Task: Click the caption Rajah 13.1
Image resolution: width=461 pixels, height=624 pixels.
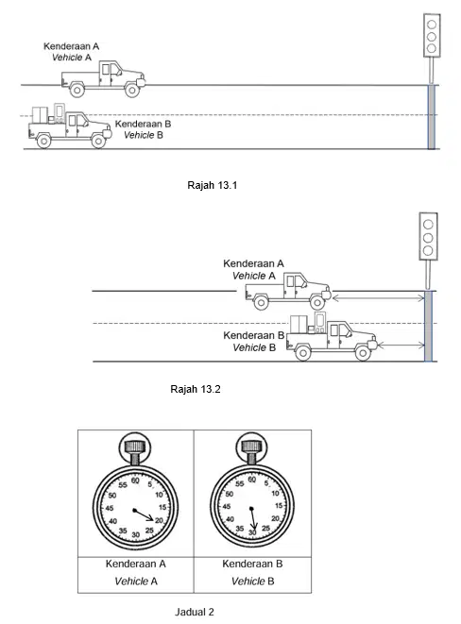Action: (x=213, y=185)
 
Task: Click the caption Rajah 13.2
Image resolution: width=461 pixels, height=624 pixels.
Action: (x=195, y=389)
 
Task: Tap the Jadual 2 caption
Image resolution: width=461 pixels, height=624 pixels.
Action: (x=195, y=612)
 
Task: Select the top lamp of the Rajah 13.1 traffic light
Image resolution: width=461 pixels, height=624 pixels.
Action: (x=432, y=25)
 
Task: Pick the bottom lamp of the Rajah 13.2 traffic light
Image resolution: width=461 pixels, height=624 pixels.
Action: (x=428, y=250)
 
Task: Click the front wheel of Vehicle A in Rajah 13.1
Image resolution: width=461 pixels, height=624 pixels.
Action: (x=131, y=90)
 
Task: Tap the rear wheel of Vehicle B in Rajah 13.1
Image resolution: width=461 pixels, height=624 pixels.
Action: (x=43, y=141)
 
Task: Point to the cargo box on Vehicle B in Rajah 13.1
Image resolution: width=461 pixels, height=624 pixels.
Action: (x=40, y=114)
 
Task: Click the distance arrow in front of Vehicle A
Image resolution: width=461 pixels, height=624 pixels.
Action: (x=378, y=297)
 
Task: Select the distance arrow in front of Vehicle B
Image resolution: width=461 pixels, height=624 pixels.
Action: (x=401, y=346)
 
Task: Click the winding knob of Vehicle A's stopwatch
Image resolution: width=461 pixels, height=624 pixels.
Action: (x=135, y=447)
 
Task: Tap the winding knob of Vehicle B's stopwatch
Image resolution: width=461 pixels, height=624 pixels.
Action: (x=251, y=447)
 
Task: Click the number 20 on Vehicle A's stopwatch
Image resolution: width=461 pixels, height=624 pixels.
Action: (x=160, y=520)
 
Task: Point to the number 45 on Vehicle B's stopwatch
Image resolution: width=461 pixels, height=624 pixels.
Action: (x=227, y=507)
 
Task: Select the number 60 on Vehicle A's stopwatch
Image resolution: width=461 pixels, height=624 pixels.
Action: (x=135, y=481)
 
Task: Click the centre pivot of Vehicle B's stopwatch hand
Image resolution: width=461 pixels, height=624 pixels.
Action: (x=251, y=509)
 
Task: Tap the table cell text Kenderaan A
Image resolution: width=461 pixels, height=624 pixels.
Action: (x=135, y=564)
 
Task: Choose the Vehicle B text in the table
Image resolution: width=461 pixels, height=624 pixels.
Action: (x=252, y=582)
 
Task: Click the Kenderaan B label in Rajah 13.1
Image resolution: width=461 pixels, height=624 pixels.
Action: (x=143, y=124)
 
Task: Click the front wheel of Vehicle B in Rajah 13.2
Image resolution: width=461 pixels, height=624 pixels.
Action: (x=362, y=352)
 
